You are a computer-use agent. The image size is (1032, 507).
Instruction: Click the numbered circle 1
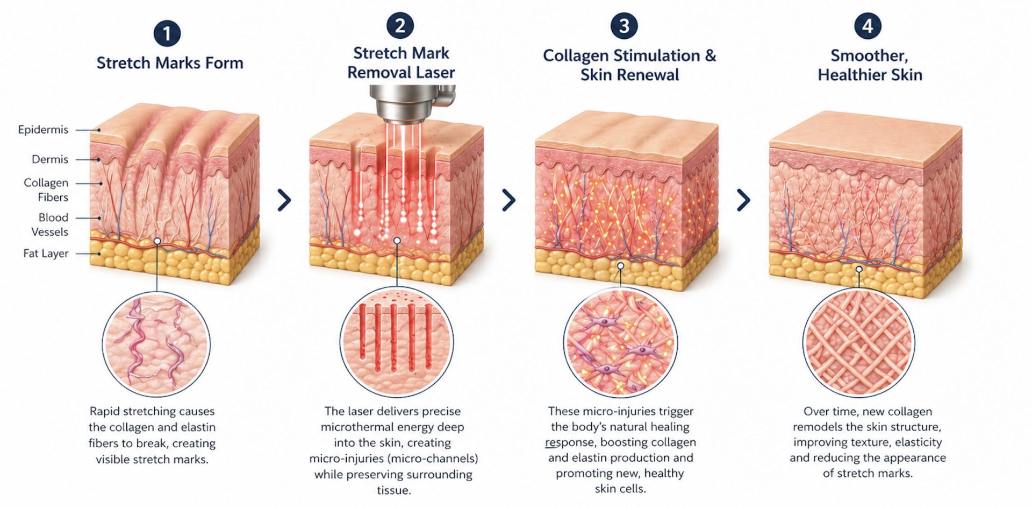point(167,34)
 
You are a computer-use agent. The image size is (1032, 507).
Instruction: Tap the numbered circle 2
point(400,26)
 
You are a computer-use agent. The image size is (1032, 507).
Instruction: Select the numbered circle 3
point(624,26)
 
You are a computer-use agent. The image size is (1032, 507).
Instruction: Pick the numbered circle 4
point(868,26)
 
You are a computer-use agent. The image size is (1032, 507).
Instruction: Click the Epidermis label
point(43,130)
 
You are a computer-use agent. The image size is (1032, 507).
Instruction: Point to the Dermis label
point(50,159)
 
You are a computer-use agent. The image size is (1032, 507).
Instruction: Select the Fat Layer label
point(46,253)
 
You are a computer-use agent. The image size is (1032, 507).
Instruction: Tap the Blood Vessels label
point(50,225)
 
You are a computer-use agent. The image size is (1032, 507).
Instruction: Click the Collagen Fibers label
point(46,190)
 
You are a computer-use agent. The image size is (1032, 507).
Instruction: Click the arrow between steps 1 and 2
point(284,200)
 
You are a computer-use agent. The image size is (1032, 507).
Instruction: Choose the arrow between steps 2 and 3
point(508,200)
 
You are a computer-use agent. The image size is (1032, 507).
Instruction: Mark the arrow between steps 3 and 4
point(743,200)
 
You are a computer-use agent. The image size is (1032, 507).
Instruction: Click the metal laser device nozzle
point(411,102)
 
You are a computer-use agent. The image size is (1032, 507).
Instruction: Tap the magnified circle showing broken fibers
point(156,344)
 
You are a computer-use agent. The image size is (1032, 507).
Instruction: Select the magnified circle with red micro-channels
point(397,342)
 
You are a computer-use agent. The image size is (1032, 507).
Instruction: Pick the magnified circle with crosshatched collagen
point(858,342)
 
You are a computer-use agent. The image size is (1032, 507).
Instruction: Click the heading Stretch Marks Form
point(170,63)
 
